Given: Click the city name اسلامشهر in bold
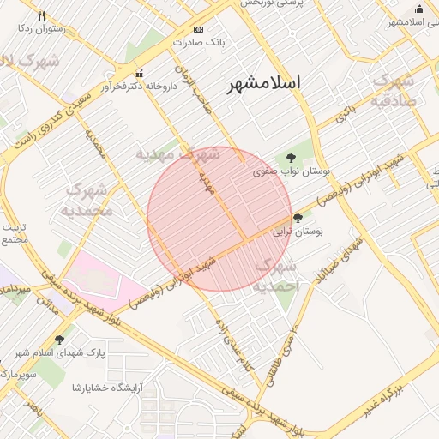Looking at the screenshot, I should coord(265,83).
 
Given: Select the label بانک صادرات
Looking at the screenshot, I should coord(198,41).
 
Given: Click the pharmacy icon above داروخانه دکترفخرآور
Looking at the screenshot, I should coord(139,73).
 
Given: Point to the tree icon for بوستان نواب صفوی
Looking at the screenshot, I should coord(292,158).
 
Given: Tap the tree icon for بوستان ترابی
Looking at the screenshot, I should coord(298,218).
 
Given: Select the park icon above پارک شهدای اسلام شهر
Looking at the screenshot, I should coord(59,340).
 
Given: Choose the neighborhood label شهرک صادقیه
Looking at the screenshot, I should coord(394,91).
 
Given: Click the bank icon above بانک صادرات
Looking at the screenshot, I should coord(199,28).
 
